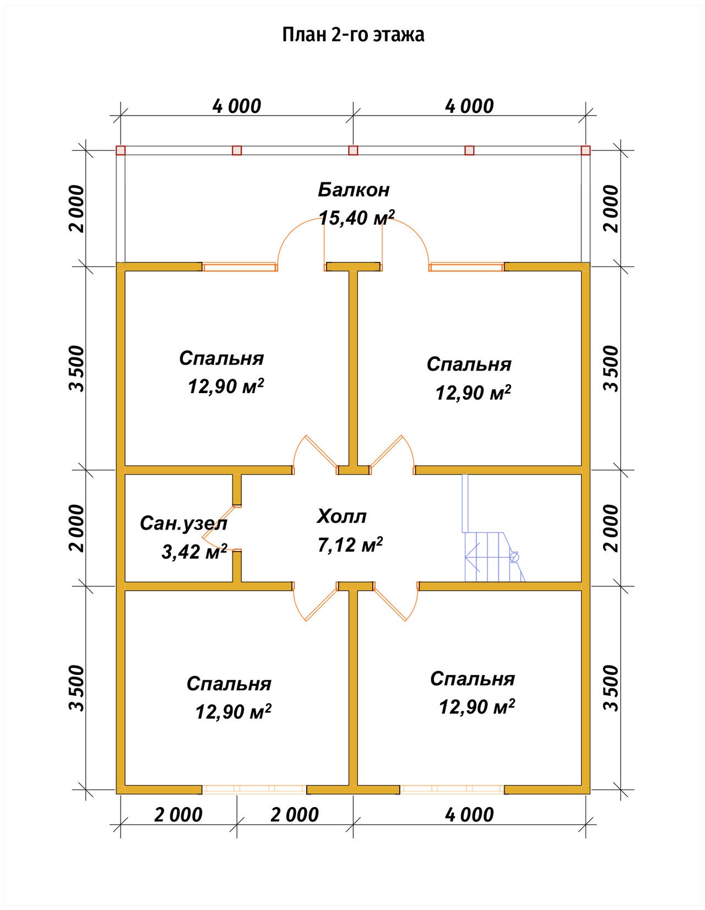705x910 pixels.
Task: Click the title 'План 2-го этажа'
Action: [x=353, y=35]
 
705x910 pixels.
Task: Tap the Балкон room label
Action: [x=354, y=190]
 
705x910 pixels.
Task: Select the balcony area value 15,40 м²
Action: [x=357, y=218]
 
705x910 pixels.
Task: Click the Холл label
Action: [x=341, y=516]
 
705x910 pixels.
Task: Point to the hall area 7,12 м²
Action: [x=350, y=545]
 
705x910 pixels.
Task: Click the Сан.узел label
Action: [x=183, y=524]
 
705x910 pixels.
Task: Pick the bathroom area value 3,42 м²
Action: [x=194, y=552]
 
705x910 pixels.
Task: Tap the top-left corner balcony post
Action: [x=121, y=150]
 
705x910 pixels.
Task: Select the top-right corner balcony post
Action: [x=585, y=150]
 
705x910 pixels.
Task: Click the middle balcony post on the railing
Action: [x=353, y=150]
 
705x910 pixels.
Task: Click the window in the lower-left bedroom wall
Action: [x=254, y=789]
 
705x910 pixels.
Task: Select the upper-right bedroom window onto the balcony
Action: [x=466, y=267]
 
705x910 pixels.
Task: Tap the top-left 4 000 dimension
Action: [x=237, y=106]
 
